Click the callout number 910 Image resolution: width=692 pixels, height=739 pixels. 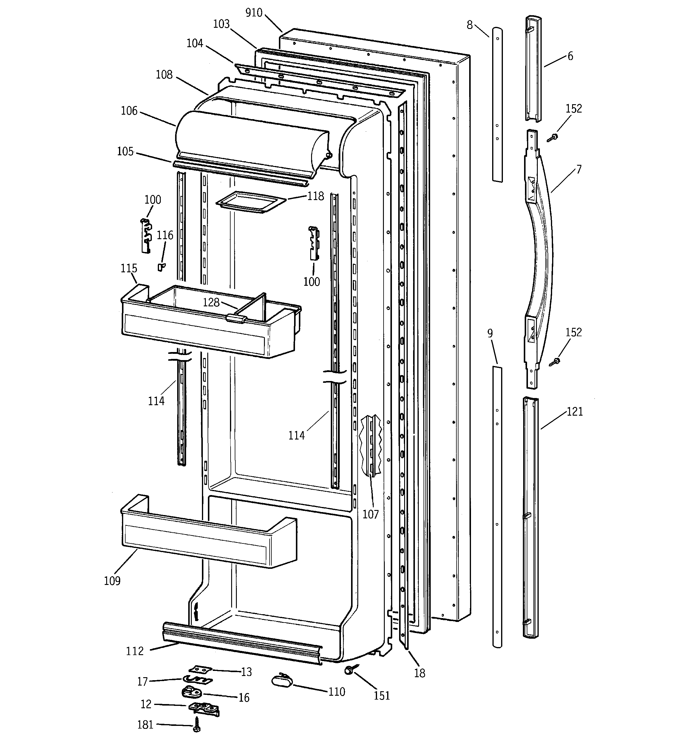point(254,13)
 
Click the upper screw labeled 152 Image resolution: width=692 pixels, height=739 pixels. point(553,138)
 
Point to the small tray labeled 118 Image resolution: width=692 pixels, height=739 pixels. point(251,202)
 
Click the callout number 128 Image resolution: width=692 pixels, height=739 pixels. point(211,302)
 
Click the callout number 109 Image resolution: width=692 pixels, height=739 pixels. point(112,581)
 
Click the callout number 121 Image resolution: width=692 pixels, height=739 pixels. point(574,411)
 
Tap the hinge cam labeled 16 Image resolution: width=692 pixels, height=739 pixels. point(192,692)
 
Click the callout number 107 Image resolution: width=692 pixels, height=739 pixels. point(370,514)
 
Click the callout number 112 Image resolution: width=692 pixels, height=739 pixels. point(135,651)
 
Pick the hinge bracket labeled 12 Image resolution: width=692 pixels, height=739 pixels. point(203,709)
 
